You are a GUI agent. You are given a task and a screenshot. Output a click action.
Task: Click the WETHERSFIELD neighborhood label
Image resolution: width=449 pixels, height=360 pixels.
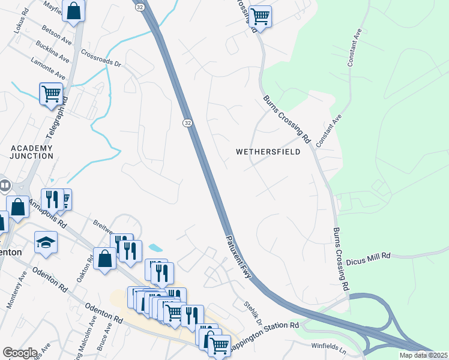(268, 152)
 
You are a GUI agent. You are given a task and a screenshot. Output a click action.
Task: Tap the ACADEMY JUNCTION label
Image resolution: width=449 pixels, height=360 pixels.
(32, 152)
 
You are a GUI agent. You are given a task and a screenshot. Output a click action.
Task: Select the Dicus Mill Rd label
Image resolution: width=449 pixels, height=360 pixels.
(369, 256)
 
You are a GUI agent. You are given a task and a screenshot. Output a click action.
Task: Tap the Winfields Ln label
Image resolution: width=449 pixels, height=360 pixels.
(329, 346)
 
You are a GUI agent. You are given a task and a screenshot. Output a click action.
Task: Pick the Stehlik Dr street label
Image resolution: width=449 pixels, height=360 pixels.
(253, 311)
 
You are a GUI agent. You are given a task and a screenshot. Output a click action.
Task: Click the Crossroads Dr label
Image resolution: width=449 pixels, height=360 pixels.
(101, 59)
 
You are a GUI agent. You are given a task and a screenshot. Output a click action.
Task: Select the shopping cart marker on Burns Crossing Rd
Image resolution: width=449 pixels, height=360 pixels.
(260, 16)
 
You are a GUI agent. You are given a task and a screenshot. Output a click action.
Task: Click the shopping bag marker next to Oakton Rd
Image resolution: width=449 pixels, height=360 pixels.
(105, 259)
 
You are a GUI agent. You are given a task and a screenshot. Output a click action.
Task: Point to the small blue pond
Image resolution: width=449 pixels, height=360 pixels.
(155, 247)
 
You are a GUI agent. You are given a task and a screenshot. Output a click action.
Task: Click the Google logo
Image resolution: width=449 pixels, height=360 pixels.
(19, 353)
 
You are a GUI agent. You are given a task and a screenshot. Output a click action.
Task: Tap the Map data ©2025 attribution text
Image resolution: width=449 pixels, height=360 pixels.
(423, 355)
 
